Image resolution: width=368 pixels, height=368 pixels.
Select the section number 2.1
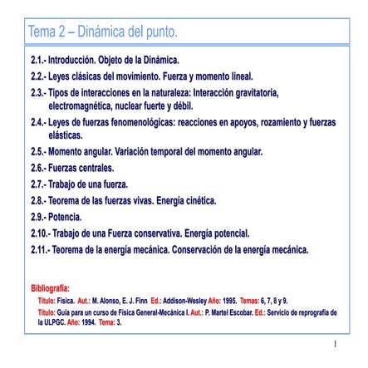tap(38, 62)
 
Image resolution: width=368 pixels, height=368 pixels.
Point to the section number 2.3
tap(38, 91)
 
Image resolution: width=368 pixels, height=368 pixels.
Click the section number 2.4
tap(38, 121)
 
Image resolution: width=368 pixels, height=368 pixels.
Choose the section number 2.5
tap(38, 152)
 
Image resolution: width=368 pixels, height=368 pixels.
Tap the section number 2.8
tap(38, 200)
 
